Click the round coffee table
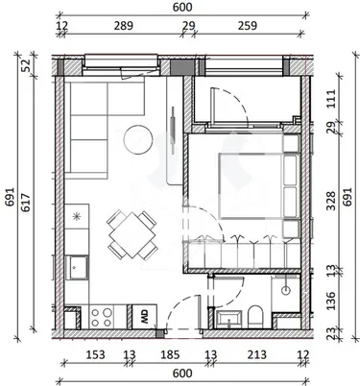coord(138,139)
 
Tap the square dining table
coord(132,236)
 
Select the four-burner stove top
coord(102,317)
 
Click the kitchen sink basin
coord(77,268)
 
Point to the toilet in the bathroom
coord(255,316)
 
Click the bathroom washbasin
coord(228,319)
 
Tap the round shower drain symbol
coord(286,290)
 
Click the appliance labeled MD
coord(144,317)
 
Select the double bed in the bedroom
coord(251,186)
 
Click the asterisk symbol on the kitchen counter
coord(76,217)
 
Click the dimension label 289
coord(124,26)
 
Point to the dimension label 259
coord(248,26)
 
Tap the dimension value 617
coord(26,203)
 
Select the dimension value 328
coord(331,201)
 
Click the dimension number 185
coord(170,354)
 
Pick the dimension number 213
coord(257,354)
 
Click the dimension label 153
coord(95,354)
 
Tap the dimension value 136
coord(331,301)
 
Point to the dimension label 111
coord(331,99)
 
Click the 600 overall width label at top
coord(182,7)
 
